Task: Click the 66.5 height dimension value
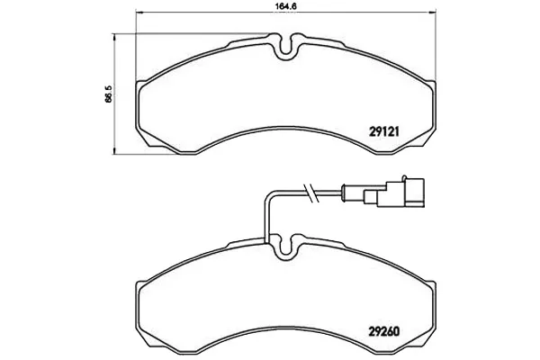(109, 94)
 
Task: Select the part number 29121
(384, 131)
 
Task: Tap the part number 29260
(384, 332)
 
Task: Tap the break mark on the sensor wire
(311, 193)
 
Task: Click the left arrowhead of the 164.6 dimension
(139, 13)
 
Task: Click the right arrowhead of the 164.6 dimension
(433, 13)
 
